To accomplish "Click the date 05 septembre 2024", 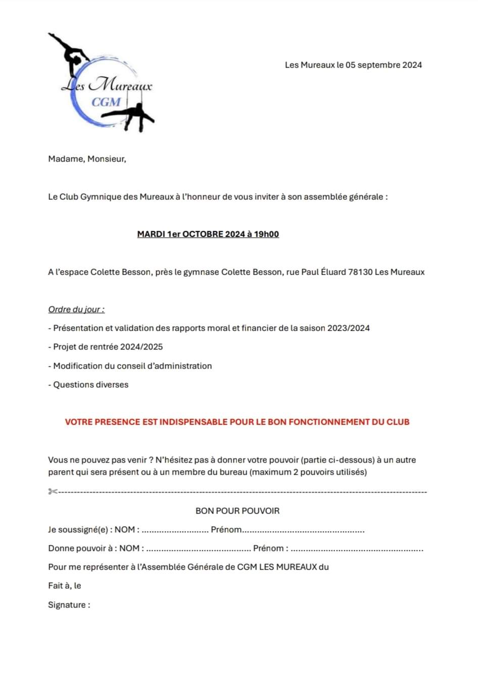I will (384, 65).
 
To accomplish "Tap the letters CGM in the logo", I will (106, 102).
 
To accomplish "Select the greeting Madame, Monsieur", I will (87, 159).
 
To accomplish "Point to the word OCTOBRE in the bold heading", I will (203, 234).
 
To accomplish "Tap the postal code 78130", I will (360, 272).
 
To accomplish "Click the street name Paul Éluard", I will (323, 272).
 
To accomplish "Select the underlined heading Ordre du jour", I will (76, 310).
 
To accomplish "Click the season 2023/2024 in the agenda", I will (348, 328).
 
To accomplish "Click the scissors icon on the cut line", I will (53, 491).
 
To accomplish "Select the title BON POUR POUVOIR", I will (237, 511).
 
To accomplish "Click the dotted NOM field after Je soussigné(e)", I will (175, 531).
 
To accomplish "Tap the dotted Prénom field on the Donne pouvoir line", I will (357, 549).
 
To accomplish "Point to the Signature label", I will (69, 605).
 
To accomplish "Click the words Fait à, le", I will (65, 586).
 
